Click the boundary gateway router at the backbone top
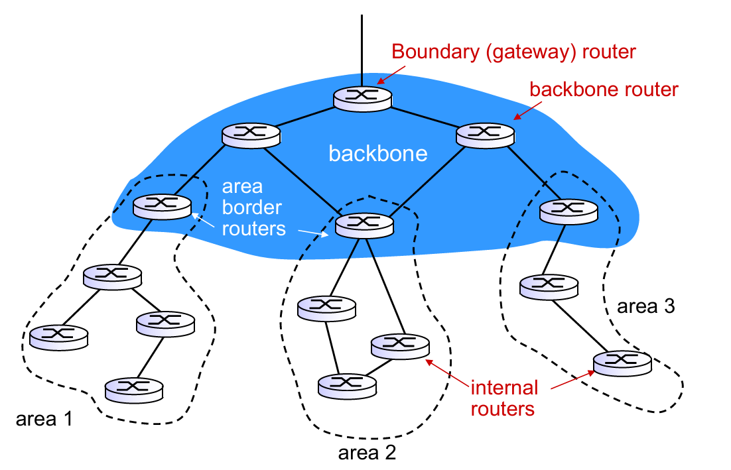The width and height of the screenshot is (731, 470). [362, 97]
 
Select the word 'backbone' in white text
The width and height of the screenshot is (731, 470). [378, 154]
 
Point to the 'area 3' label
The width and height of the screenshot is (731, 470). [645, 306]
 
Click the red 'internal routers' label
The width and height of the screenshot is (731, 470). [503, 398]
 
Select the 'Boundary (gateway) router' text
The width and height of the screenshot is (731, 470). [514, 51]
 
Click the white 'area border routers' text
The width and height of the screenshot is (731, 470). [251, 207]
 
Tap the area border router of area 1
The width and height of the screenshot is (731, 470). [162, 205]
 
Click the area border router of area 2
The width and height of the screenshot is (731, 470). [365, 226]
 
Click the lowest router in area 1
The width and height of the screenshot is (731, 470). [134, 388]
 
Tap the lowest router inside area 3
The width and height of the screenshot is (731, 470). [622, 362]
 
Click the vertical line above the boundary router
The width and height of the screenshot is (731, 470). [362, 46]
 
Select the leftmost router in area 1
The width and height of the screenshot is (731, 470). [58, 337]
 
